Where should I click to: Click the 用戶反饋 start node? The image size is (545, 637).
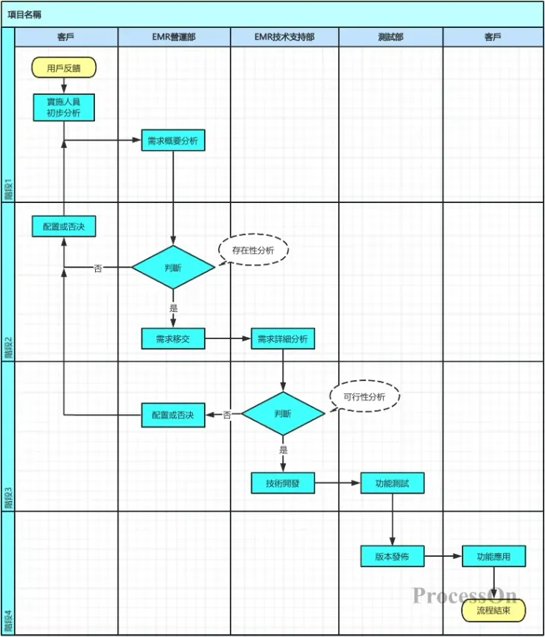(x=64, y=68)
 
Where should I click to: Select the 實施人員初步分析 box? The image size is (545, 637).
(x=64, y=107)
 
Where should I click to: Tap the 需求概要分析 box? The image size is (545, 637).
(x=173, y=140)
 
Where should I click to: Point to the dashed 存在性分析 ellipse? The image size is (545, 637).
(x=253, y=250)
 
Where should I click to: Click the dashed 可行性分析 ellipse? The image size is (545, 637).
(x=365, y=396)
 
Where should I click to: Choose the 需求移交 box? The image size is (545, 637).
(x=173, y=338)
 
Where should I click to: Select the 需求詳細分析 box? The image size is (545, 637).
(x=283, y=338)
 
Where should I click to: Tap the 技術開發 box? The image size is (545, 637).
(x=283, y=483)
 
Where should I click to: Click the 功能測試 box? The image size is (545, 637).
(x=392, y=483)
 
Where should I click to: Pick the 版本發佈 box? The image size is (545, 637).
(x=392, y=557)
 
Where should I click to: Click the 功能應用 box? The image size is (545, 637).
(x=493, y=557)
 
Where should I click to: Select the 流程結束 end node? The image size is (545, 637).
(x=493, y=610)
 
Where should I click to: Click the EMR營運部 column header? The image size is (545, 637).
(x=174, y=36)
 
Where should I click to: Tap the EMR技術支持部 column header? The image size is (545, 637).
(x=284, y=36)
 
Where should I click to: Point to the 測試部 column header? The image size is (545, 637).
(x=390, y=36)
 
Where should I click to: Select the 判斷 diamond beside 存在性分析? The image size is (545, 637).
(x=173, y=267)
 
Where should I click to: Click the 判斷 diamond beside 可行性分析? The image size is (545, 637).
(x=283, y=413)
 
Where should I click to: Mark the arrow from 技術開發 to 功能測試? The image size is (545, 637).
(x=337, y=483)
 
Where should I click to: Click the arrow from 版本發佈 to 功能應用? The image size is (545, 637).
(x=443, y=557)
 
